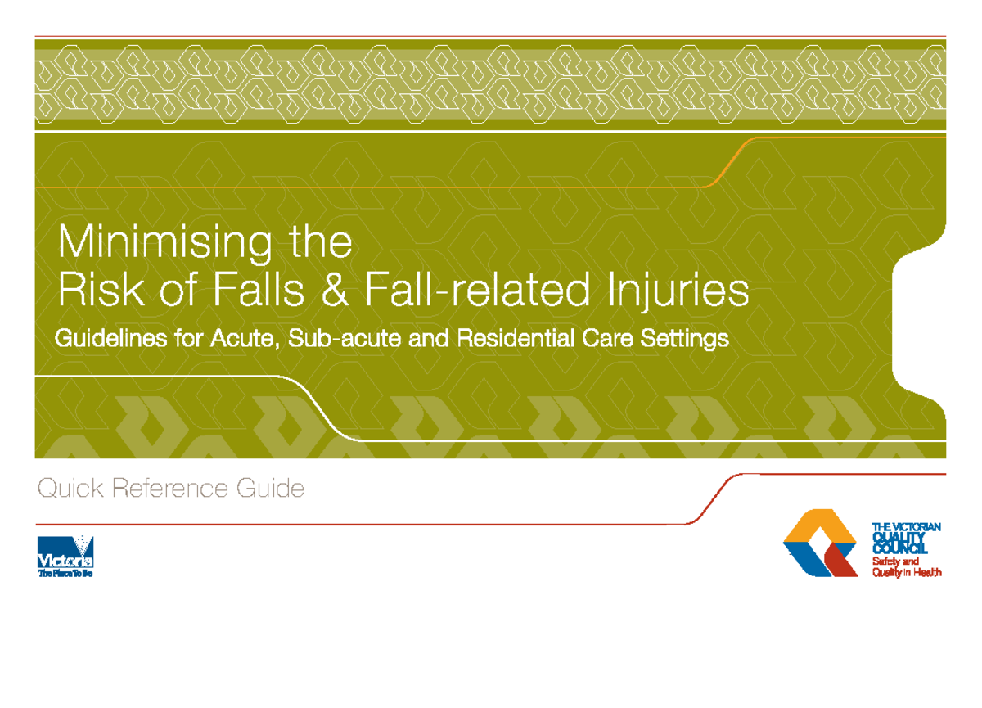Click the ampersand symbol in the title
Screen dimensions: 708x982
(332, 291)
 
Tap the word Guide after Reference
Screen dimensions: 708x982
(270, 489)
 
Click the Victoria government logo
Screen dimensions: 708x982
(65, 557)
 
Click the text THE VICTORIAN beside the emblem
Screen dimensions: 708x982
(907, 527)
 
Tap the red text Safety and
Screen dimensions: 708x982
(895, 561)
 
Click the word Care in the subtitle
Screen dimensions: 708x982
(610, 338)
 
